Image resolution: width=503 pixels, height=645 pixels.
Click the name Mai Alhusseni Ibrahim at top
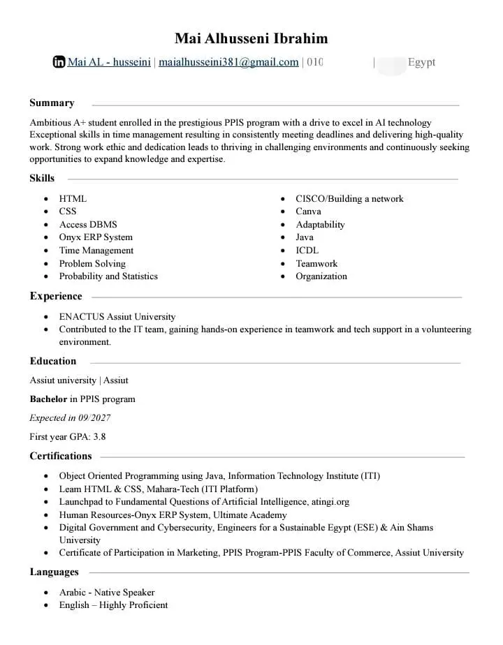[x=251, y=38]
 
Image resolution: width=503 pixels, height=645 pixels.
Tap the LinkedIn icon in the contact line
[x=59, y=62]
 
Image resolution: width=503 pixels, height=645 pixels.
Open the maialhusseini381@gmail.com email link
[x=228, y=62]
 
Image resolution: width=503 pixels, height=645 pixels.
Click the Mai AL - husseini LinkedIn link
[x=109, y=62]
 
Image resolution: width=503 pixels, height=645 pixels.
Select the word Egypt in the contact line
[x=421, y=62]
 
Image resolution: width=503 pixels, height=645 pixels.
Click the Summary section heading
[x=52, y=103]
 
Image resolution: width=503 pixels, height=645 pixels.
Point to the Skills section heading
[x=42, y=178]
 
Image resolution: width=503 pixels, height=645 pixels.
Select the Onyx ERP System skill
[x=96, y=237]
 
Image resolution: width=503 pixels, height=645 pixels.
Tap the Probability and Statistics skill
[x=108, y=276]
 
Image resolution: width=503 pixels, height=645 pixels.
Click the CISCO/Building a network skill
[x=349, y=199]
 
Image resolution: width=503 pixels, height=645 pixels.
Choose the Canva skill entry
[x=308, y=212]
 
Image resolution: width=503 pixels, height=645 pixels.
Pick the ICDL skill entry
[x=307, y=251]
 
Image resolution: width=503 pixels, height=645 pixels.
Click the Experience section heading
[x=56, y=296]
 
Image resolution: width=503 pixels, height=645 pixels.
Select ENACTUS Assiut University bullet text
[x=117, y=317]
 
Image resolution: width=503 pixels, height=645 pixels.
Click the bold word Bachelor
[x=48, y=399]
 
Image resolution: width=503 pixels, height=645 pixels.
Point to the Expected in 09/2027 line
[x=70, y=418]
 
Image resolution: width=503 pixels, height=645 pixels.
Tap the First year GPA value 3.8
[x=100, y=437]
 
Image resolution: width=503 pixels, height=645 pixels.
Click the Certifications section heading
[x=61, y=456]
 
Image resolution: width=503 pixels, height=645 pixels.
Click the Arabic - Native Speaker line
[x=107, y=593]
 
